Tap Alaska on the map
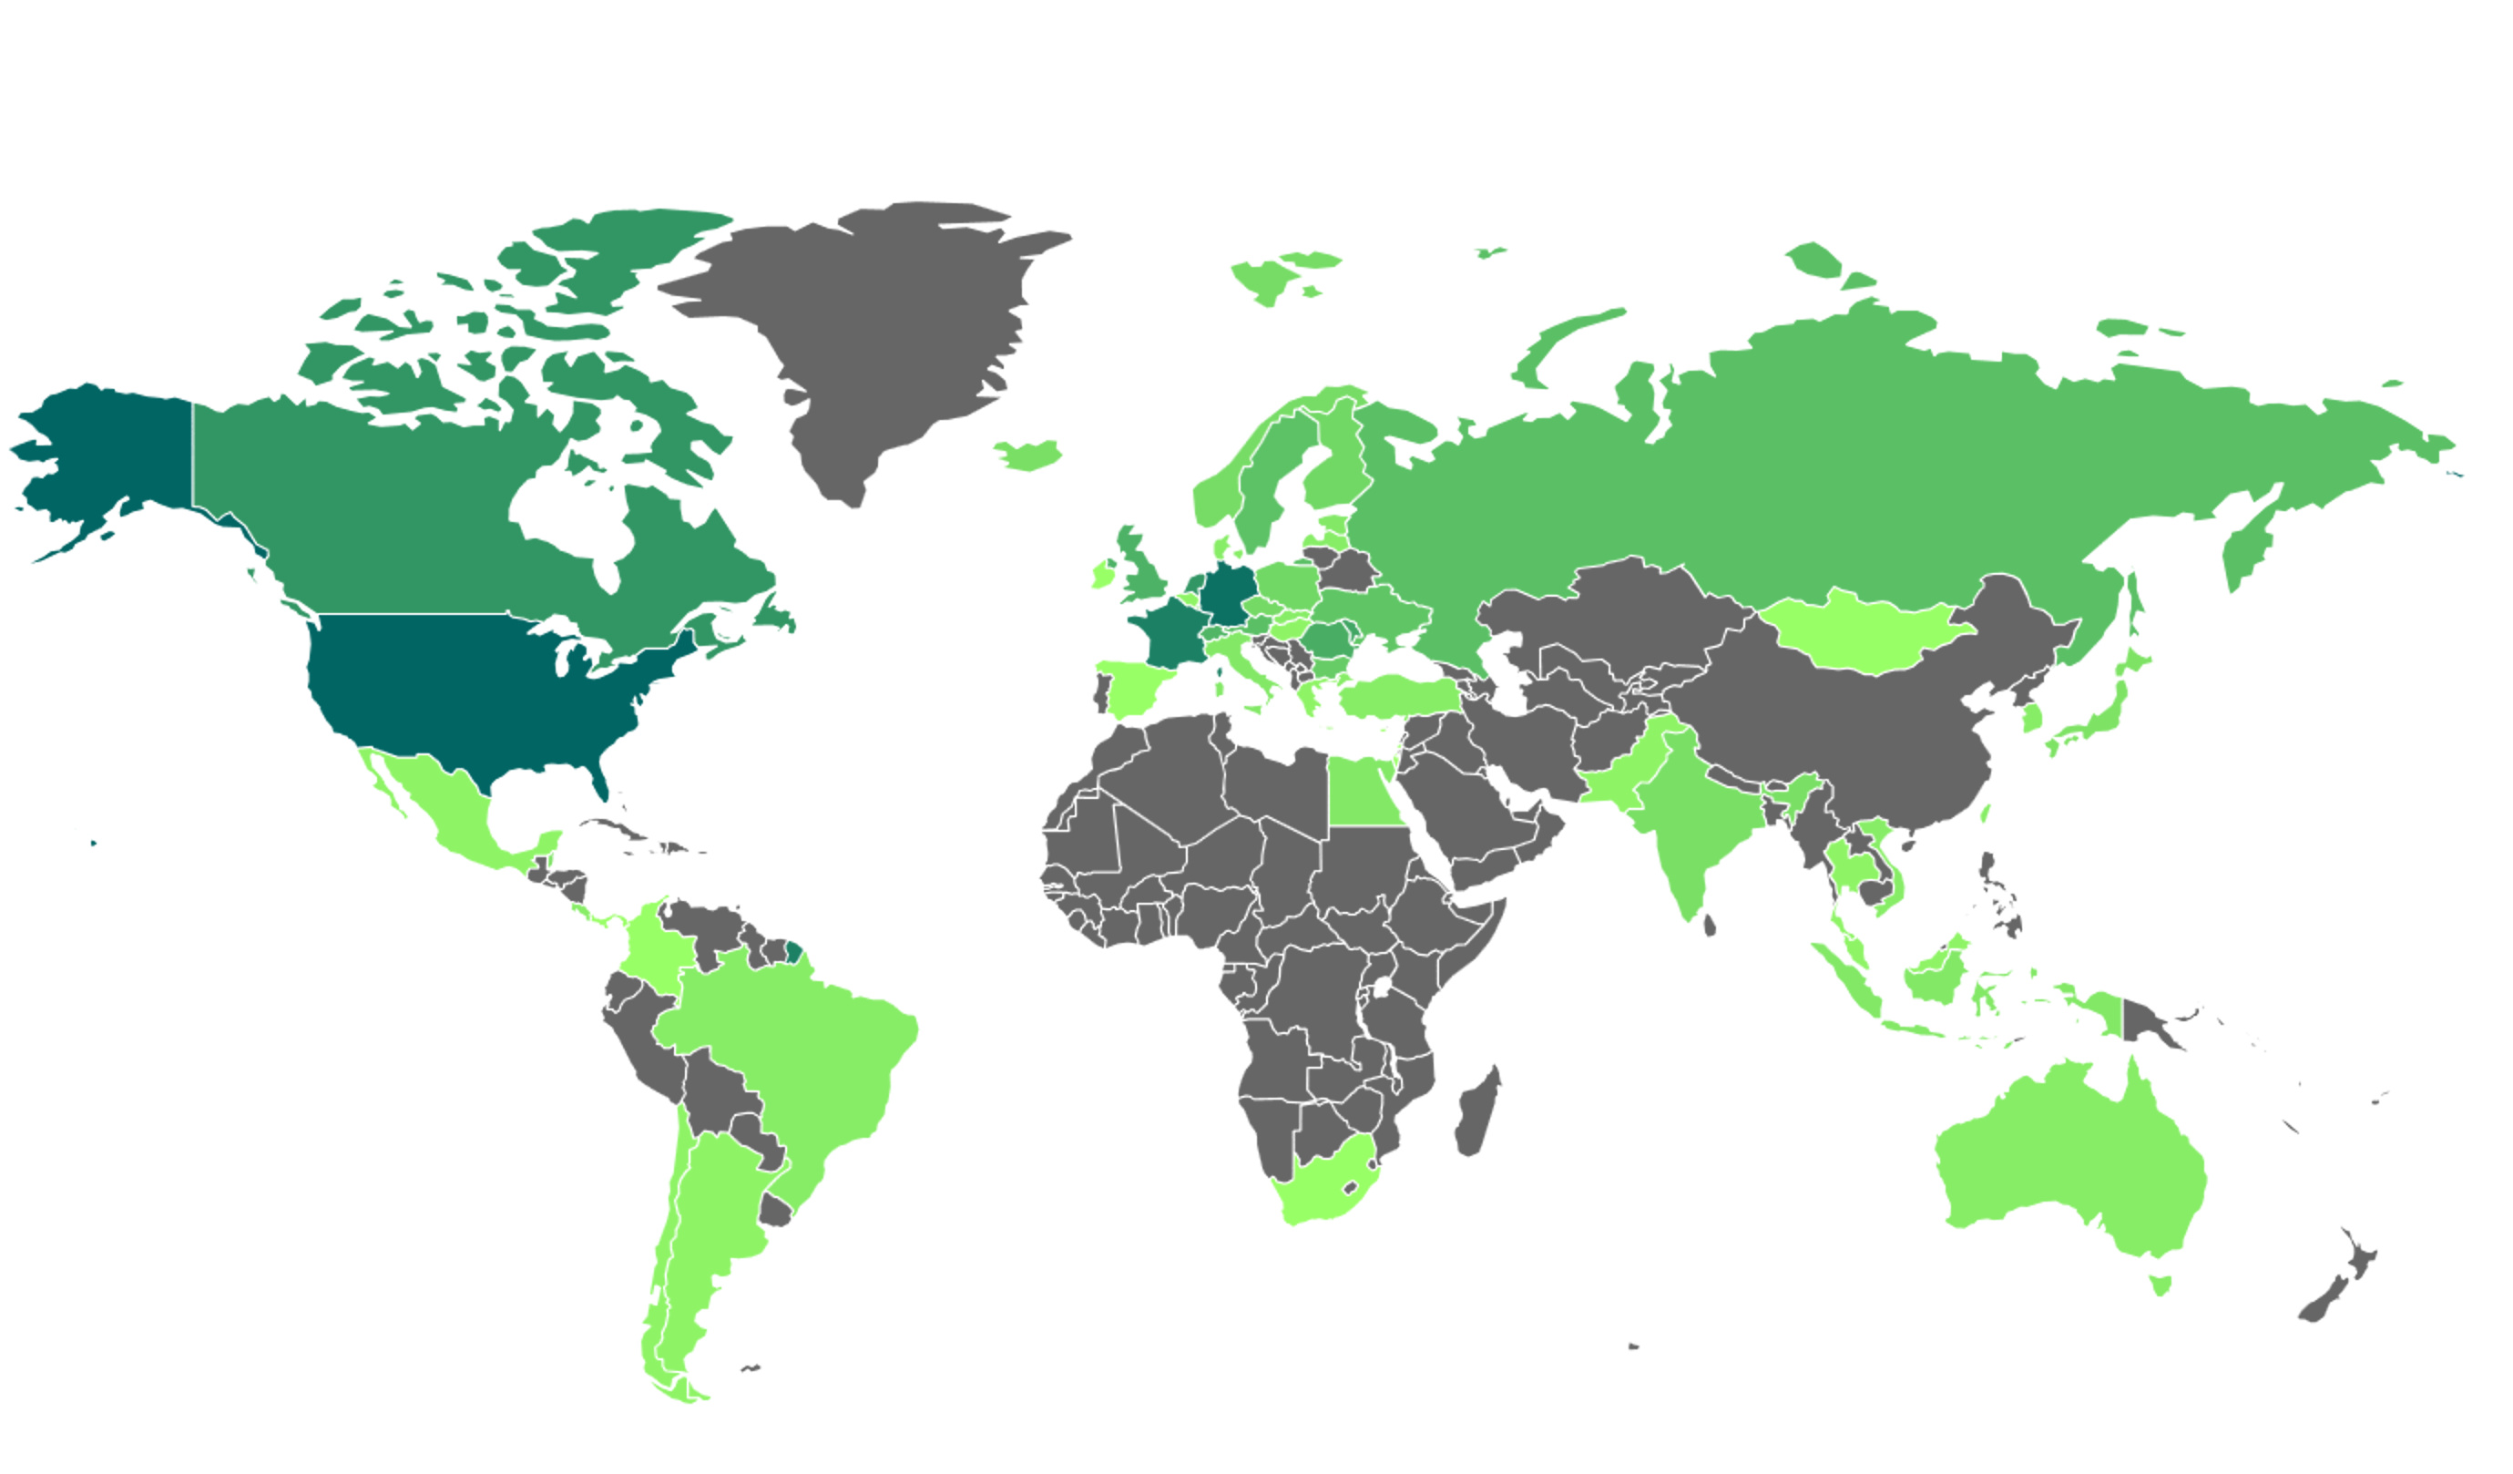pos(109,449)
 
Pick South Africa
pos(1322,1187)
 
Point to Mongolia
pos(1854,633)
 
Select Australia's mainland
pos(2074,1157)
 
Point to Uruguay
pos(774,1210)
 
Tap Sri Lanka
pos(1710,926)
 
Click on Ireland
pos(1102,576)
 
